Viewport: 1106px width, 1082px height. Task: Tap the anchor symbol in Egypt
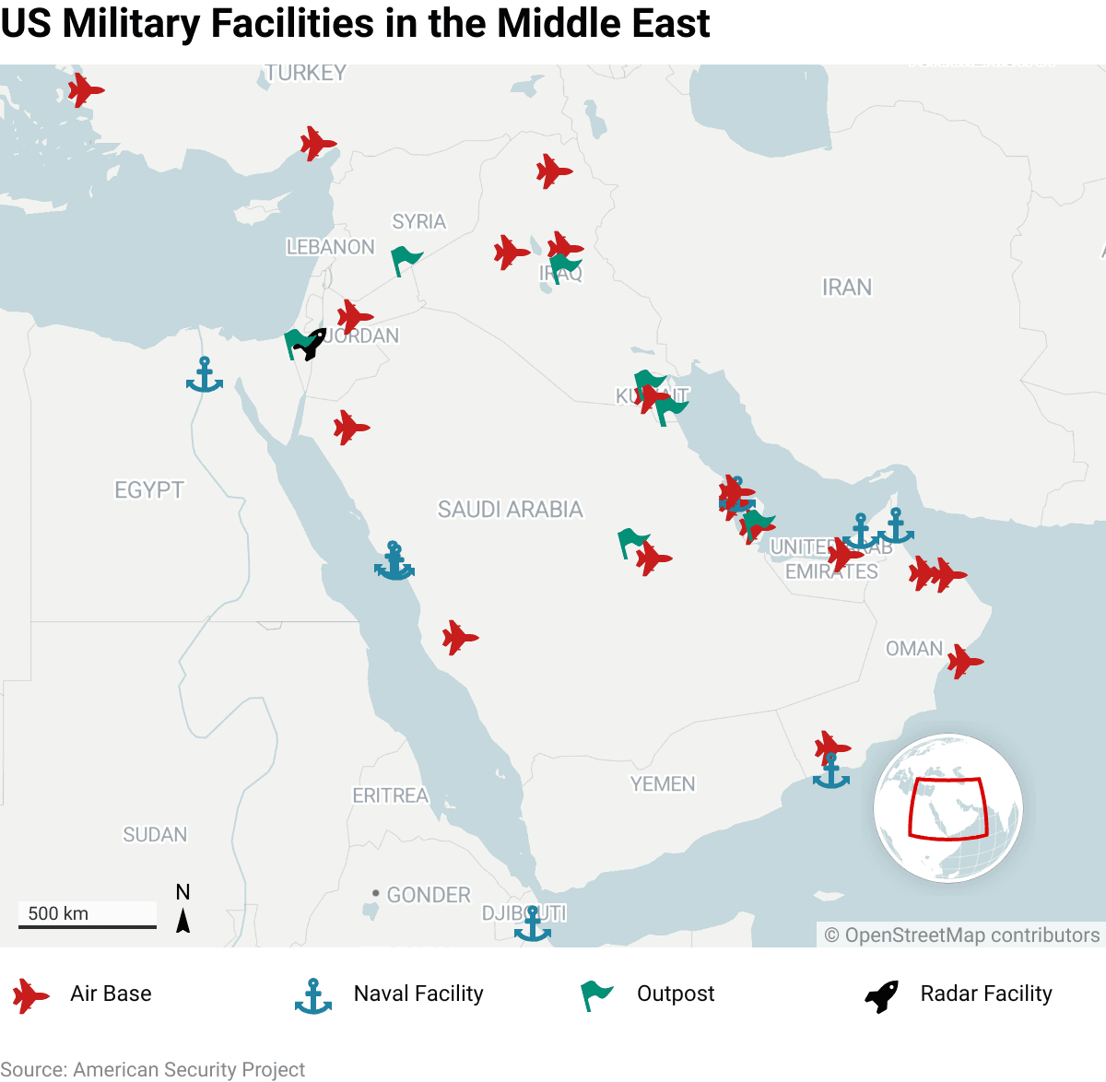pyautogui.click(x=204, y=375)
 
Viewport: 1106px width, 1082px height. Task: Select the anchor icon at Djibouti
pyautogui.click(x=532, y=923)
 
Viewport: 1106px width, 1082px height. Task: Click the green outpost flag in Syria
pyautogui.click(x=405, y=260)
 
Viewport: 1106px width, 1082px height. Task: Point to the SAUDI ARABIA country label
pyautogui.click(x=510, y=509)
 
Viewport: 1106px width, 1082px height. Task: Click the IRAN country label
pyautogui.click(x=846, y=288)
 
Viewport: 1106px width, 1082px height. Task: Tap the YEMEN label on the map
pyautogui.click(x=663, y=783)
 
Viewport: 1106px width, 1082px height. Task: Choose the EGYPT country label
pyautogui.click(x=149, y=489)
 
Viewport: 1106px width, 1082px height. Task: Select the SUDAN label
pyautogui.click(x=155, y=834)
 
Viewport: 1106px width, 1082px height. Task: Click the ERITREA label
pyautogui.click(x=390, y=795)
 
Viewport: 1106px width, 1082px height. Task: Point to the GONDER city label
pyautogui.click(x=428, y=895)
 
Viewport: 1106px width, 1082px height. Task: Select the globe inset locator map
pyautogui.click(x=947, y=808)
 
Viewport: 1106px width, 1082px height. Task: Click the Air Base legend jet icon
pyautogui.click(x=30, y=995)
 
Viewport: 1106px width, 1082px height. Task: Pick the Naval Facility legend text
pyautogui.click(x=418, y=994)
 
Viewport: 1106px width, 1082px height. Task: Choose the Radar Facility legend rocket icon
pyautogui.click(x=881, y=995)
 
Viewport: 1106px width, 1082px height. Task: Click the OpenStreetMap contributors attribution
pyautogui.click(x=961, y=935)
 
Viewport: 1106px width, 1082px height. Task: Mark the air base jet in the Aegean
pyautogui.click(x=85, y=90)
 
